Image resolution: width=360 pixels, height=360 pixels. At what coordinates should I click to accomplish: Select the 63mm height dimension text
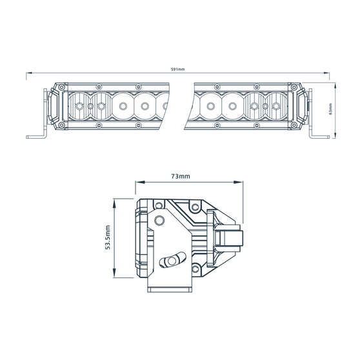click(x=330, y=109)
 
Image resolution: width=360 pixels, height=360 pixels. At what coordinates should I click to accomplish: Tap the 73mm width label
click(x=180, y=176)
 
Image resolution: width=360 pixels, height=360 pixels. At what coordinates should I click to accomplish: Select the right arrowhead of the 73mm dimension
click(x=244, y=184)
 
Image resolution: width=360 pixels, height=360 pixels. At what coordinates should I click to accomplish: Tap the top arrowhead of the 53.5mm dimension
click(x=115, y=199)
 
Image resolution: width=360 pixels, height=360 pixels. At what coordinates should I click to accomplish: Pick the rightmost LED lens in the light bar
click(x=278, y=105)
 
